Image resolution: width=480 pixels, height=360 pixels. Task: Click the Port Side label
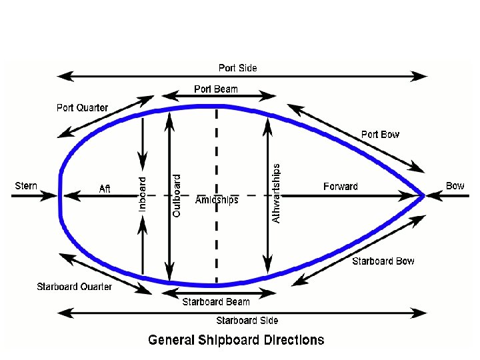pyautogui.click(x=237, y=68)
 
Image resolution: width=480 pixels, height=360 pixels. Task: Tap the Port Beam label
pyautogui.click(x=215, y=89)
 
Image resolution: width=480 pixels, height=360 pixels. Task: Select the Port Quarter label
pyautogui.click(x=82, y=108)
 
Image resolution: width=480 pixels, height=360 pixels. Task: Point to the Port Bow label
pyautogui.click(x=380, y=135)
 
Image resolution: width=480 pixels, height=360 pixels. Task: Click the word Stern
pyautogui.click(x=26, y=185)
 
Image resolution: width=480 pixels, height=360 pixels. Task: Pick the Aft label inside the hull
pyautogui.click(x=105, y=189)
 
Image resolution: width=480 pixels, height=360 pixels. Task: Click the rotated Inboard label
pyautogui.click(x=142, y=194)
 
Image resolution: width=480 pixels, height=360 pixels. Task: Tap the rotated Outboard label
pyautogui.click(x=177, y=195)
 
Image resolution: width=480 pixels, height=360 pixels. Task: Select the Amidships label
pyautogui.click(x=217, y=201)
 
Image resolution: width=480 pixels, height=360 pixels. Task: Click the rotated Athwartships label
pyautogui.click(x=277, y=193)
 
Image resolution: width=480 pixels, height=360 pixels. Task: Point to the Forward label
pyautogui.click(x=340, y=187)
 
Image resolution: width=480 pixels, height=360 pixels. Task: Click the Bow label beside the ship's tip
pyautogui.click(x=455, y=185)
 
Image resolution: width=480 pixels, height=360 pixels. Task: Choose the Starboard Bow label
pyautogui.click(x=383, y=261)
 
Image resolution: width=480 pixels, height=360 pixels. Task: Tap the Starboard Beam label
pyautogui.click(x=216, y=302)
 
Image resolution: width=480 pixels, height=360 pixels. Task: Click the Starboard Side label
pyautogui.click(x=247, y=321)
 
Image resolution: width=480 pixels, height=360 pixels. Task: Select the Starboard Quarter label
pyautogui.click(x=74, y=287)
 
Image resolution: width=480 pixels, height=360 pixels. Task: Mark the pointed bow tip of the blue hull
pyautogui.click(x=423, y=195)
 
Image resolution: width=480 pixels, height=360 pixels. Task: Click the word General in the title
pyautogui.click(x=171, y=340)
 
